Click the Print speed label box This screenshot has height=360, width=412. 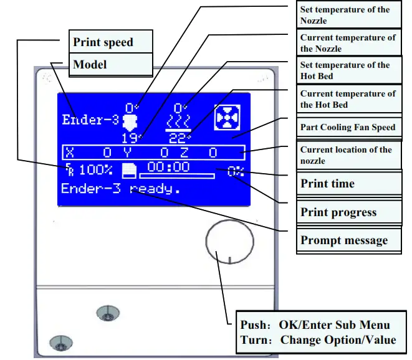pyautogui.click(x=103, y=42)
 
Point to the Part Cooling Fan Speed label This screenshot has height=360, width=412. pyautogui.click(x=348, y=127)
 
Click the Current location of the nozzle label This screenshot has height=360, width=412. pyautogui.click(x=347, y=155)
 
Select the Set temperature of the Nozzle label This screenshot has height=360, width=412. pyautogui.click(x=345, y=15)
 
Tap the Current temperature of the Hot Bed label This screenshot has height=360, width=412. pyautogui.click(x=348, y=99)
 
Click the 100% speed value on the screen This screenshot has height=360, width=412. pyautogui.click(x=95, y=169)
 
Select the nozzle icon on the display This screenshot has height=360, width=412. pyautogui.click(x=130, y=120)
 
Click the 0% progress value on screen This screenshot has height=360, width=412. pyautogui.click(x=236, y=171)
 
